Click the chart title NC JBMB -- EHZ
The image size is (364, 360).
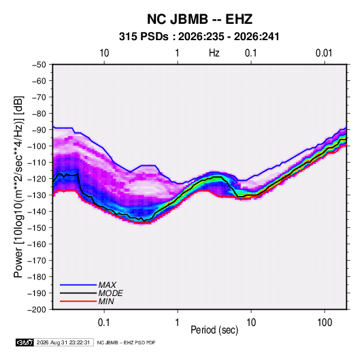click(x=199, y=19)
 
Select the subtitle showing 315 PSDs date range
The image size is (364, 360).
click(x=199, y=37)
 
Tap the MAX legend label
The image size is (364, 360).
click(x=107, y=284)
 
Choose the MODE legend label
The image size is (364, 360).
click(x=110, y=293)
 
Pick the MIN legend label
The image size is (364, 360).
click(x=106, y=301)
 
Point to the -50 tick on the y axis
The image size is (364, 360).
click(x=39, y=65)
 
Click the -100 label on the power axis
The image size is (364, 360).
click(x=37, y=146)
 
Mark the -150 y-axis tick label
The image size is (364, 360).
click(x=37, y=228)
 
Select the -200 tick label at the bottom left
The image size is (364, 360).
click(x=37, y=310)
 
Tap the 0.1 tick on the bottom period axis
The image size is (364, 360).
click(x=104, y=323)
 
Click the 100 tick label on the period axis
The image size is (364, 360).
click(x=325, y=323)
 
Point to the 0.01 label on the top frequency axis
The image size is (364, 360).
click(x=324, y=53)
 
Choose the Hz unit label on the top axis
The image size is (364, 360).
click(x=214, y=53)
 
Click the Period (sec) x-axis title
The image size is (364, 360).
click(x=214, y=330)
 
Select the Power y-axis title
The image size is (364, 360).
click(x=18, y=186)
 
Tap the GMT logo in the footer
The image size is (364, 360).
click(x=25, y=342)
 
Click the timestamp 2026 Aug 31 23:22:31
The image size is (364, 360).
click(x=63, y=342)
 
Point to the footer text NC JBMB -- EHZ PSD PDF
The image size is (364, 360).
click(x=126, y=342)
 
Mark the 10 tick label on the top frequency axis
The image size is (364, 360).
click(x=104, y=53)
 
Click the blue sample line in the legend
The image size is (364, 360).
click(x=78, y=285)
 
